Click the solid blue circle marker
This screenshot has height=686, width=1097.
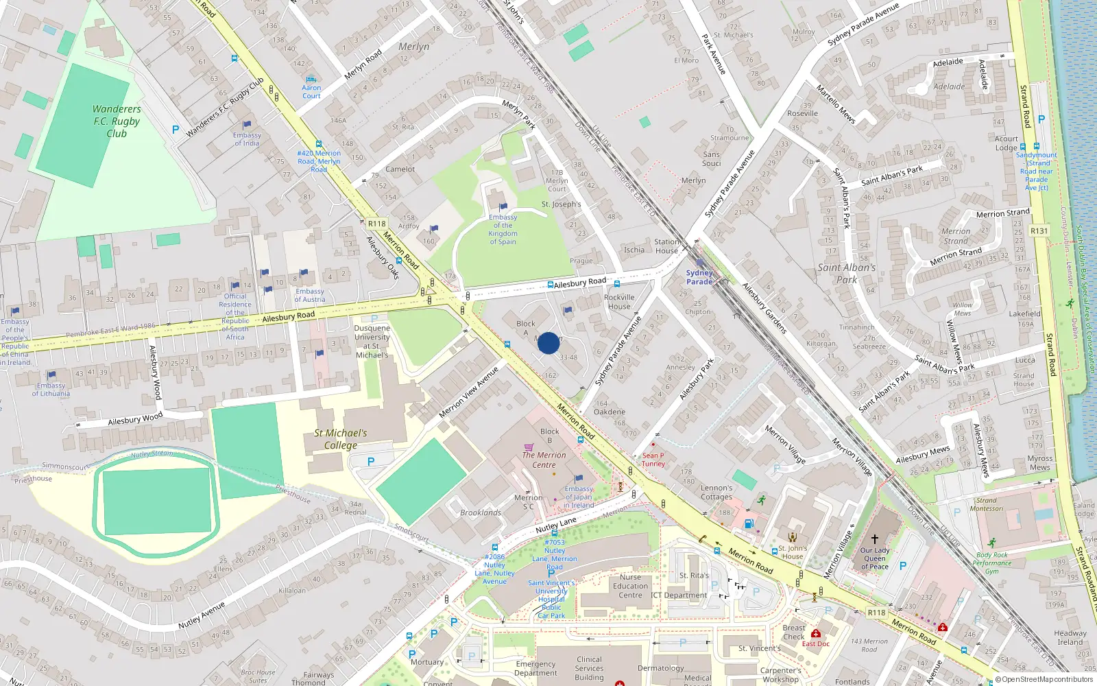(548, 343)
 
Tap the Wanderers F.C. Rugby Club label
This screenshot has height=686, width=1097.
(117, 121)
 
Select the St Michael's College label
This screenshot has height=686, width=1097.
(341, 439)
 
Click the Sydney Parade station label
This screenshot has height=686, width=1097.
(699, 277)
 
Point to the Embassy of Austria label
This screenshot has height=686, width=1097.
(309, 295)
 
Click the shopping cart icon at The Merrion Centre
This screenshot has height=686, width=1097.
(529, 447)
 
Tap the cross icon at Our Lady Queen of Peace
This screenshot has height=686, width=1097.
(874, 539)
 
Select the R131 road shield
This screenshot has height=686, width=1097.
(1039, 231)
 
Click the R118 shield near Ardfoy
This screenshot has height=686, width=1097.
(376, 224)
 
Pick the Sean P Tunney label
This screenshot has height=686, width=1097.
(653, 460)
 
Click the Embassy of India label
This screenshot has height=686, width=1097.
(247, 139)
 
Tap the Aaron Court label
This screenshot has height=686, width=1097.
(311, 91)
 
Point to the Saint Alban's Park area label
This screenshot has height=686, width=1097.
(847, 273)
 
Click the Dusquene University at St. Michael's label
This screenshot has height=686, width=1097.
(372, 342)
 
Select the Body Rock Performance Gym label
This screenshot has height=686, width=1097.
(991, 563)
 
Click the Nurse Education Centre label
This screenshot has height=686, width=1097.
(630, 586)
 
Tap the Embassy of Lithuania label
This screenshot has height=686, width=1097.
(51, 390)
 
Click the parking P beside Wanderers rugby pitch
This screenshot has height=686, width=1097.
(176, 129)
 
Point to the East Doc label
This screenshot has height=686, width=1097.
(815, 643)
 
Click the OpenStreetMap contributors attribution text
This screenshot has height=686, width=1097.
(1044, 679)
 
